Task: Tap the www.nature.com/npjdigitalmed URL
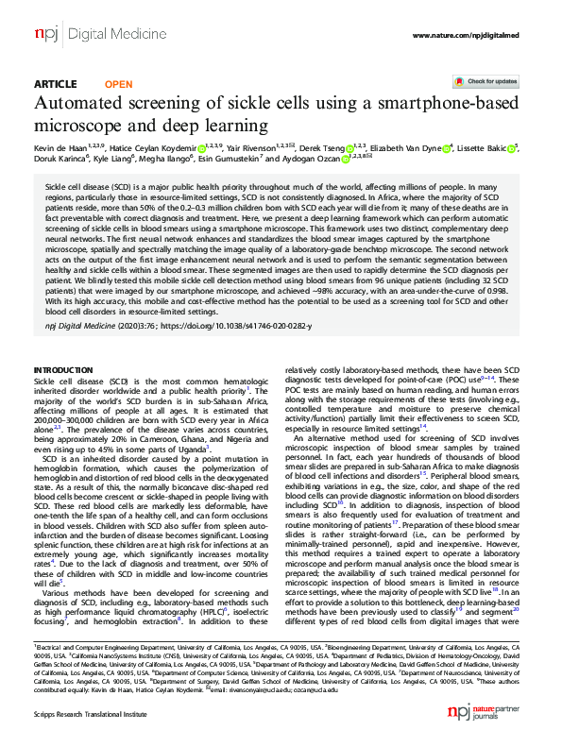(464, 35)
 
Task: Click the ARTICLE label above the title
(55, 84)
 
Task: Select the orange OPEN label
(118, 84)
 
